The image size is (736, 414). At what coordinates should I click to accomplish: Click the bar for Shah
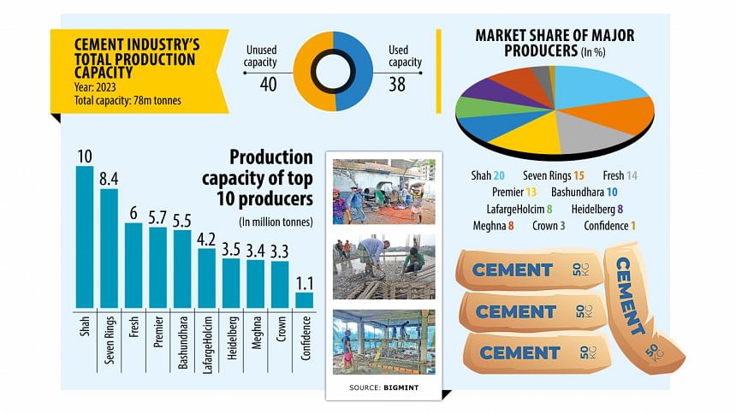(85, 236)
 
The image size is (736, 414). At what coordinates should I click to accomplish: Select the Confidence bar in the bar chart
(304, 299)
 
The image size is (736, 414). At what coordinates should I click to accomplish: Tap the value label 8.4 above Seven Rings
(109, 180)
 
